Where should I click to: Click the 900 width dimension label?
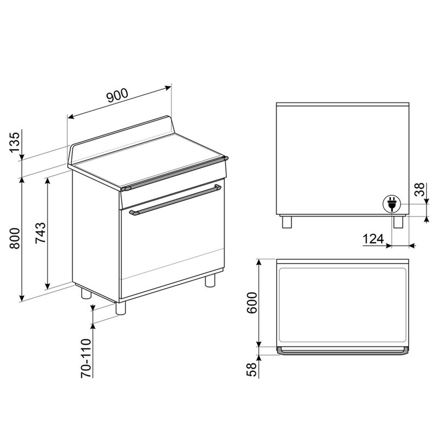pyautogui.click(x=117, y=96)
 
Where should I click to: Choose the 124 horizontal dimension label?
pyautogui.click(x=373, y=239)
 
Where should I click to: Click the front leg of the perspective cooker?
pyautogui.click(x=120, y=307)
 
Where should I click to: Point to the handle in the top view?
pyautogui.click(x=342, y=352)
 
